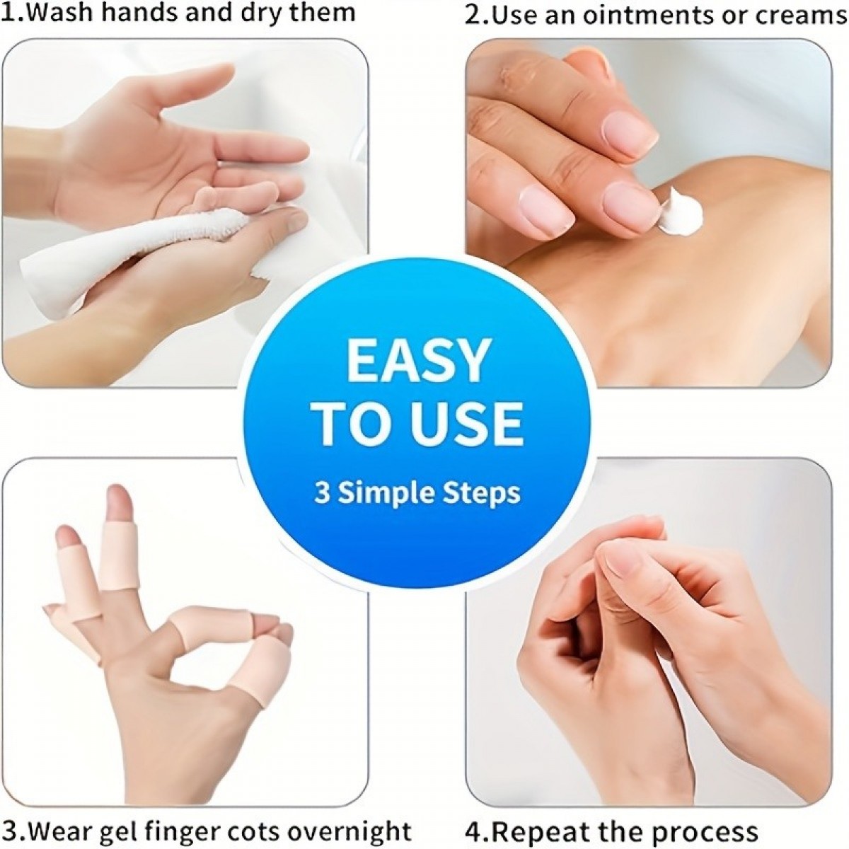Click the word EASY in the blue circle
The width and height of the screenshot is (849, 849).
point(417,362)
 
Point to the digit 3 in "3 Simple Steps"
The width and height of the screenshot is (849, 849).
point(322,493)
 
